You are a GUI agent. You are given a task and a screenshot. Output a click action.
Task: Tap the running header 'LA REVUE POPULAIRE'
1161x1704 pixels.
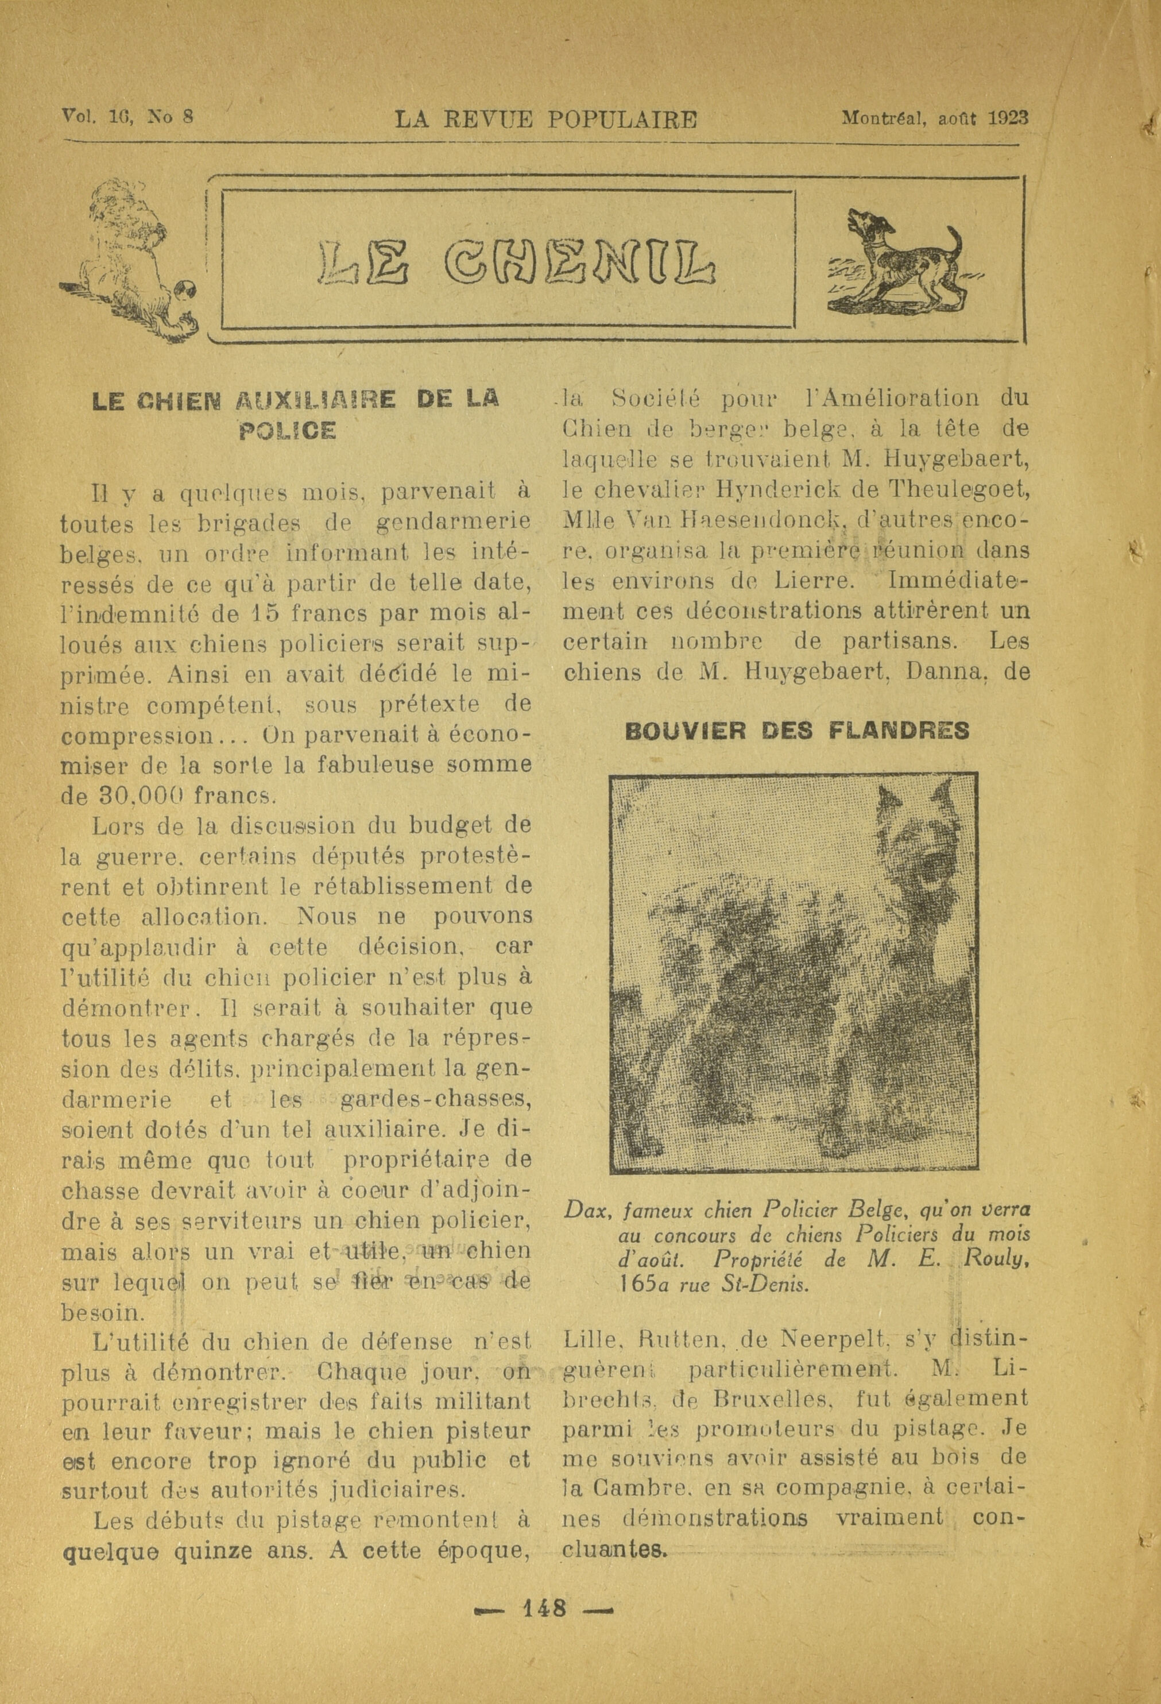(x=546, y=119)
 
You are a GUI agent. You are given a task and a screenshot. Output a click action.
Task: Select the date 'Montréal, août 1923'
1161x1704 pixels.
(x=935, y=118)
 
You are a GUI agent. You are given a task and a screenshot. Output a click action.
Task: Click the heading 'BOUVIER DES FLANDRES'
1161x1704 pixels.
(x=797, y=731)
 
